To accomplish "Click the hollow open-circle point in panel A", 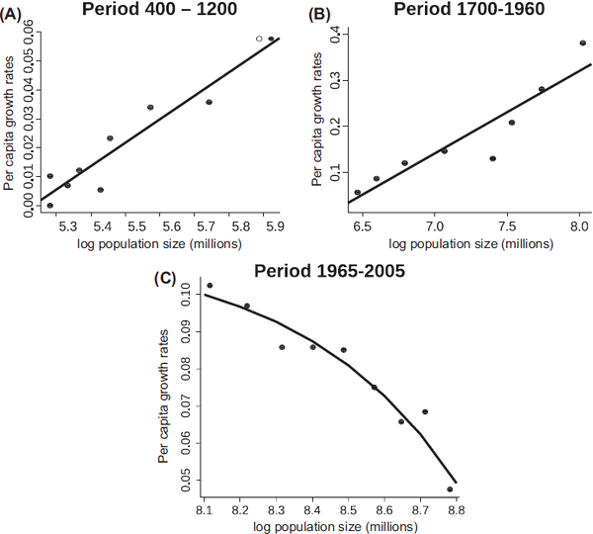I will point(259,39).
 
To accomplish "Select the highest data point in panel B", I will point(583,44).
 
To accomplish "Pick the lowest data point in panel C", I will point(450,489).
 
